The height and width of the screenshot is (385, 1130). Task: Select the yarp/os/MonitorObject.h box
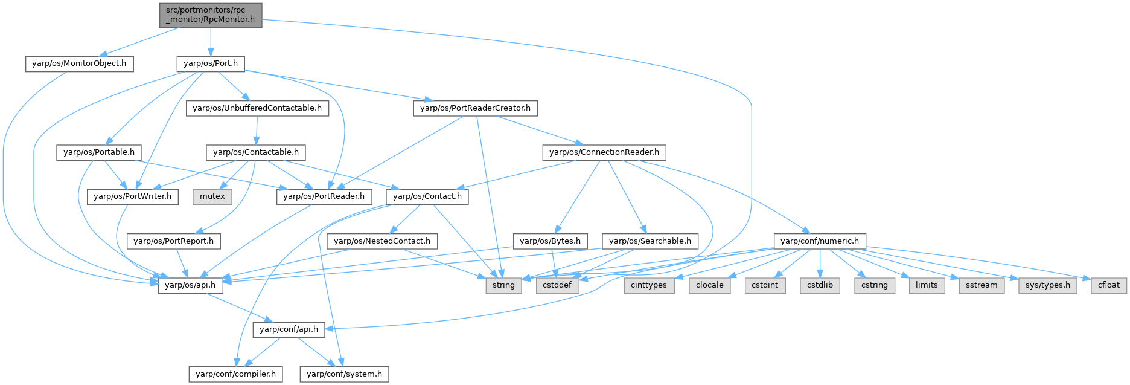[x=79, y=63]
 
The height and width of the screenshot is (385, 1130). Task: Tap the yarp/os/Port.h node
[x=211, y=63]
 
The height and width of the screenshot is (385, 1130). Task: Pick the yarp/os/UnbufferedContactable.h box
[x=257, y=108]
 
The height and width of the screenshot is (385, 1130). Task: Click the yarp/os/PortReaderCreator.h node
[x=475, y=108]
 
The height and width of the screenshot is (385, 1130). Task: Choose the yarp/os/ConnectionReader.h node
[x=604, y=152]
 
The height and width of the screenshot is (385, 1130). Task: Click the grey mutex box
[x=212, y=196]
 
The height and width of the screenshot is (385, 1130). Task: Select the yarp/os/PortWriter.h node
[x=133, y=196]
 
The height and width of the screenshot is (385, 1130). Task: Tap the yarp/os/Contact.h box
[x=427, y=196]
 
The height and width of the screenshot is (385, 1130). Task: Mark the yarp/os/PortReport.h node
[x=174, y=241]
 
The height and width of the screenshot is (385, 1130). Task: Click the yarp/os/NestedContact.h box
[x=382, y=241]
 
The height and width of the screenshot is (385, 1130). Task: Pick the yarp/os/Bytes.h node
[x=550, y=241]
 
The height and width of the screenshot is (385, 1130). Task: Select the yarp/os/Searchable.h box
[x=650, y=241]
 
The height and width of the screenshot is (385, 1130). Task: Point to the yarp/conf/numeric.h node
[x=819, y=241]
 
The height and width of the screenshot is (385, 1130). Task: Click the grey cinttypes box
[x=648, y=285]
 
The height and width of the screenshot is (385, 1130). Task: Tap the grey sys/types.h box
[x=1047, y=285]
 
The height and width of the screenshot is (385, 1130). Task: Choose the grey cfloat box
[x=1109, y=285]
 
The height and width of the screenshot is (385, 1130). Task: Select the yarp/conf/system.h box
[x=344, y=374]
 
